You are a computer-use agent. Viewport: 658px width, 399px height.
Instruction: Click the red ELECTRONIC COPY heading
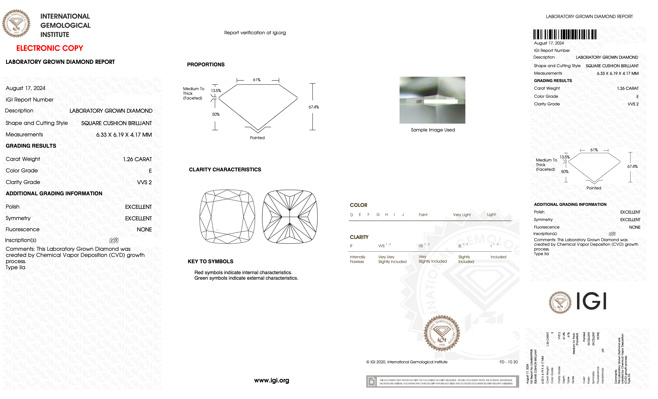coord(50,48)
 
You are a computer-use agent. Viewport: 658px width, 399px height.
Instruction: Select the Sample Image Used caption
coord(433,130)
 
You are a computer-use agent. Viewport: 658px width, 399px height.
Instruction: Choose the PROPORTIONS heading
coord(206,65)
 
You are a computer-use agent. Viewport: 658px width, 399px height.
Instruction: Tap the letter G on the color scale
coord(378,215)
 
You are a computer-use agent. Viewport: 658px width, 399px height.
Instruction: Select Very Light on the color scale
coord(461,215)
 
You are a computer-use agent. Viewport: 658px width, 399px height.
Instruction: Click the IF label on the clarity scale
coord(351,246)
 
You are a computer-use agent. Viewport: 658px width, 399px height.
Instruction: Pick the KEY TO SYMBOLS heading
coord(210,261)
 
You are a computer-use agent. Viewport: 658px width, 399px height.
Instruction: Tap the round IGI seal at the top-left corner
coord(16,23)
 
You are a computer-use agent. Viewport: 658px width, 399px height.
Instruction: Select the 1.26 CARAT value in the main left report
coord(137,159)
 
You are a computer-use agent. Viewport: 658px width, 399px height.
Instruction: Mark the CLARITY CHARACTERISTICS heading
coord(225,170)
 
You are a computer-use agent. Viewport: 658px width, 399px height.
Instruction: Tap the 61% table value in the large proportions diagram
coord(257,80)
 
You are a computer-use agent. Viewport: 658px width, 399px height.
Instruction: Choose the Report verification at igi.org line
coord(255,33)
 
